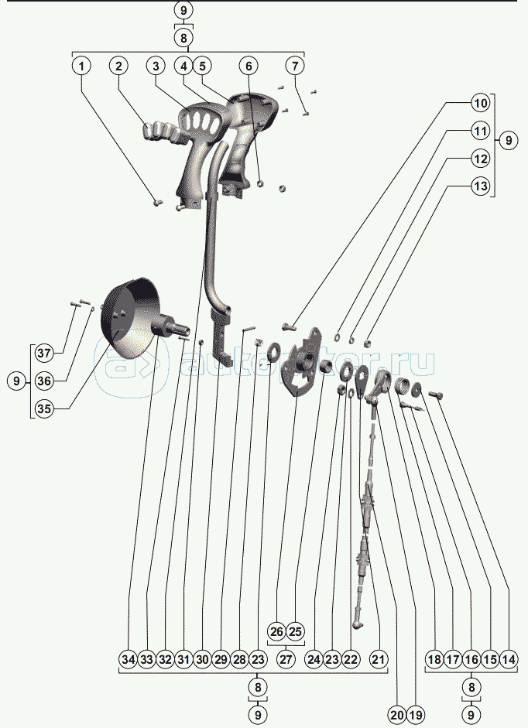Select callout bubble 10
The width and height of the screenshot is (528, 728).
tap(481, 103)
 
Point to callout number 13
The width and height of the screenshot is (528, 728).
tap(481, 186)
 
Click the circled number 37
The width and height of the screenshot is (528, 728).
tap(43, 354)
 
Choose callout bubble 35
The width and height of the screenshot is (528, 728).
tap(43, 409)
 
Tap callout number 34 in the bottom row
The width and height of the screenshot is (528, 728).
tap(128, 660)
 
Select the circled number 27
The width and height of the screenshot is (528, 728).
tap(286, 660)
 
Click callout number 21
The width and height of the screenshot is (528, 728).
tap(378, 660)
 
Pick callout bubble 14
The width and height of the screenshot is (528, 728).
tap(509, 660)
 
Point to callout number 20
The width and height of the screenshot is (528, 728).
tap(397, 715)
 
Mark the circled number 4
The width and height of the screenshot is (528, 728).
tap(183, 67)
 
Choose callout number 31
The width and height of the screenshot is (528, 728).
tap(183, 660)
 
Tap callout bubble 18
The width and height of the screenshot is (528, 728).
tap(434, 660)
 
